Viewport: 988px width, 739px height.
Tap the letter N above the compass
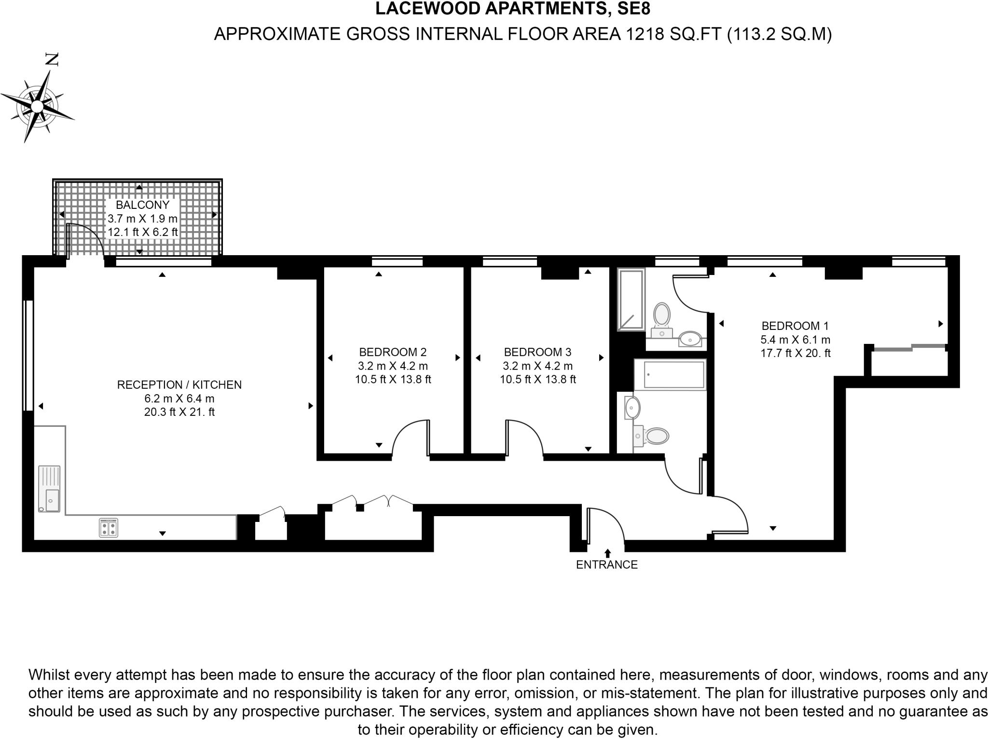point(52,60)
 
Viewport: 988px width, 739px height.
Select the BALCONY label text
point(142,205)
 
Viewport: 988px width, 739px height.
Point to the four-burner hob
point(109,527)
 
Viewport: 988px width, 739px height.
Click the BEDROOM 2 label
point(393,352)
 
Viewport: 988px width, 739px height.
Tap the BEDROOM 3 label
point(537,352)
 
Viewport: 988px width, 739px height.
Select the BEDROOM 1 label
point(795,326)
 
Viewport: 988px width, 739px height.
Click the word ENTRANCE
point(607,565)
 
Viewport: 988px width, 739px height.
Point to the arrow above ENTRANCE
point(607,553)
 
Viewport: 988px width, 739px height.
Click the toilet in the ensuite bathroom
point(661,315)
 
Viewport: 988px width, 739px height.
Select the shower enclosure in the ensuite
point(631,300)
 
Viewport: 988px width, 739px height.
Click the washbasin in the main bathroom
point(632,408)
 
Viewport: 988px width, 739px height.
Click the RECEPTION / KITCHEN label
point(179,385)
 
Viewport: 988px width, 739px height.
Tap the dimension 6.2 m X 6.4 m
point(179,398)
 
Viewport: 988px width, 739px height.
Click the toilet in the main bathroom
point(654,437)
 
